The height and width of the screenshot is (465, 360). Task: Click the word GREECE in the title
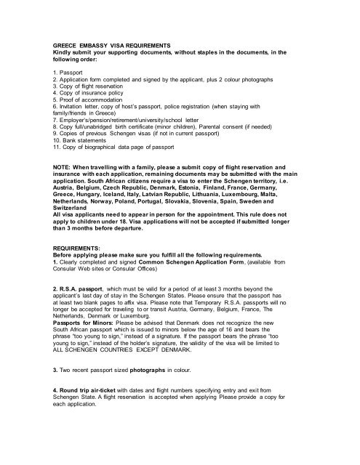pyautogui.click(x=60, y=46)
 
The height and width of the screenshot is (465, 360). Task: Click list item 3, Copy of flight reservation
pyautogui.click(x=89, y=88)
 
